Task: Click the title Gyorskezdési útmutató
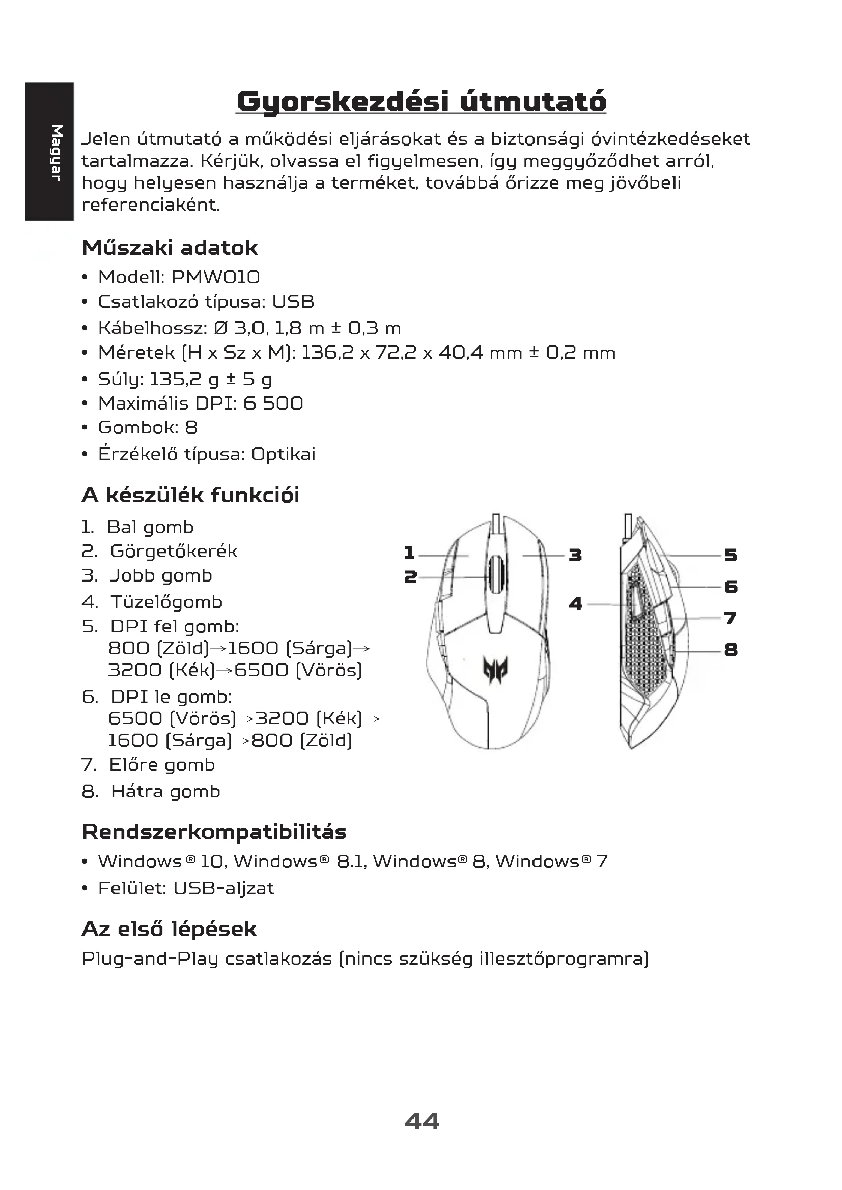(x=421, y=102)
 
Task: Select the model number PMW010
(x=215, y=277)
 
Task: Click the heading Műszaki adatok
(x=170, y=248)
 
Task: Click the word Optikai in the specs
(x=283, y=454)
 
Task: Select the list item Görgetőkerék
(x=174, y=551)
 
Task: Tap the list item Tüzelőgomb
(x=166, y=602)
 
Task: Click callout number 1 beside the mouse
(x=410, y=553)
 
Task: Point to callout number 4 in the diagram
(x=576, y=604)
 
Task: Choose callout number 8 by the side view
(x=731, y=650)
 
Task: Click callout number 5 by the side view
(x=731, y=555)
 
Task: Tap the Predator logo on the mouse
(x=495, y=668)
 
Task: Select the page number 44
(x=422, y=1121)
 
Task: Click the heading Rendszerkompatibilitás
(x=214, y=832)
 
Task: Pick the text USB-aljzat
(x=223, y=888)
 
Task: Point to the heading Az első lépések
(x=169, y=930)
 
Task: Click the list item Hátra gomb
(x=165, y=792)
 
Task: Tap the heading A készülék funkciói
(x=190, y=495)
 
